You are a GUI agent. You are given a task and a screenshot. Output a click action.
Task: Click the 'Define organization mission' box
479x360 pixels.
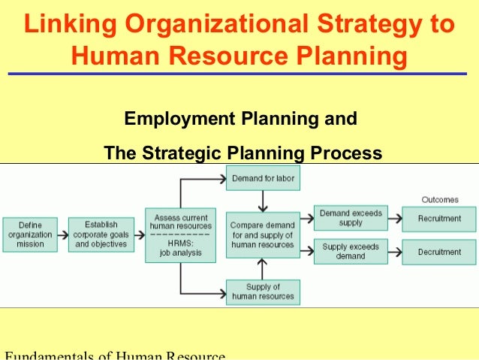pos(30,234)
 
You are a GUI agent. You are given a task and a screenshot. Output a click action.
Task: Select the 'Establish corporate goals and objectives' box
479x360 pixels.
pos(101,234)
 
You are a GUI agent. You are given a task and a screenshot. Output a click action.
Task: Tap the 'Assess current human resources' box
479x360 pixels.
pos(180,234)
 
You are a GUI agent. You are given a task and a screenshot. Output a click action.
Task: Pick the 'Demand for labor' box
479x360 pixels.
pos(263,178)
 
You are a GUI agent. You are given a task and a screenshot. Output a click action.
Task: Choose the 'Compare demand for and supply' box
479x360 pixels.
pos(263,234)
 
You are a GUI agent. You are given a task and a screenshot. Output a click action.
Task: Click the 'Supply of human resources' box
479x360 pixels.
pos(263,292)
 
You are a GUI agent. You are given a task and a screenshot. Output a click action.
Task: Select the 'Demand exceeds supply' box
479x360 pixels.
pos(351,218)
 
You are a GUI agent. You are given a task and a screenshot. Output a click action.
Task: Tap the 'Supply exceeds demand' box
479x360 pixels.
pos(351,251)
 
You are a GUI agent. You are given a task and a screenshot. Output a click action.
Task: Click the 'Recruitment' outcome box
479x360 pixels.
pos(438,218)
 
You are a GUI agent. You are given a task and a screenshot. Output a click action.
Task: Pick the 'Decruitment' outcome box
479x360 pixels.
pos(438,252)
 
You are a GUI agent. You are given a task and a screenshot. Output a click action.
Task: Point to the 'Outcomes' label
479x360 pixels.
pos(439,199)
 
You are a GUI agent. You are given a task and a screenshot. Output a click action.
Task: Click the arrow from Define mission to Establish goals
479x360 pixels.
pos(62,234)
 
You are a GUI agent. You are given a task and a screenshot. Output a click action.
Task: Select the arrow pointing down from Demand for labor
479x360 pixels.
pos(263,201)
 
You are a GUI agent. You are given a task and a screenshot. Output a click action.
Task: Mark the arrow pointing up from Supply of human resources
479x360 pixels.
pos(263,268)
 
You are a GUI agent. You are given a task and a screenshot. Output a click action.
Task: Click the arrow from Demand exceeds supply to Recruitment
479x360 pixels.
pos(394,218)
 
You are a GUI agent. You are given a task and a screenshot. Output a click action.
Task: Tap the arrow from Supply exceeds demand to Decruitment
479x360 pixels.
pos(394,252)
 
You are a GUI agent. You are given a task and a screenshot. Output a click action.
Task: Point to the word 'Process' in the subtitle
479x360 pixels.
pos(346,154)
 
